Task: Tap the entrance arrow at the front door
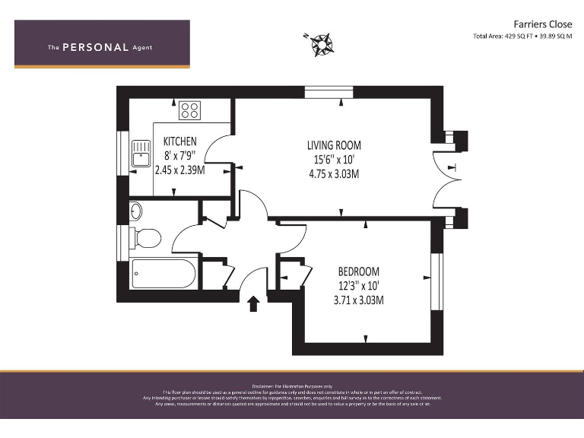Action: (254, 304)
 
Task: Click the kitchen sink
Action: (141, 154)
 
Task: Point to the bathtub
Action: (163, 274)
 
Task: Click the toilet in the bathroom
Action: (146, 239)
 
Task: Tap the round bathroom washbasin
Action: (135, 210)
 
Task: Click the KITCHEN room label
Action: (180, 141)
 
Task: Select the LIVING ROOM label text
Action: (334, 145)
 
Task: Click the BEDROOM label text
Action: (358, 271)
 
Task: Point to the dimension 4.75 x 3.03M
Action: (333, 174)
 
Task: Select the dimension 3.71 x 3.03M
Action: (358, 300)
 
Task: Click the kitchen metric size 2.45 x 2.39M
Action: (180, 170)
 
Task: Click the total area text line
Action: (522, 36)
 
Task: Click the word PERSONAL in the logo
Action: (95, 47)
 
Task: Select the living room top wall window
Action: (329, 92)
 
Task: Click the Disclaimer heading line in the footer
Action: (292, 386)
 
